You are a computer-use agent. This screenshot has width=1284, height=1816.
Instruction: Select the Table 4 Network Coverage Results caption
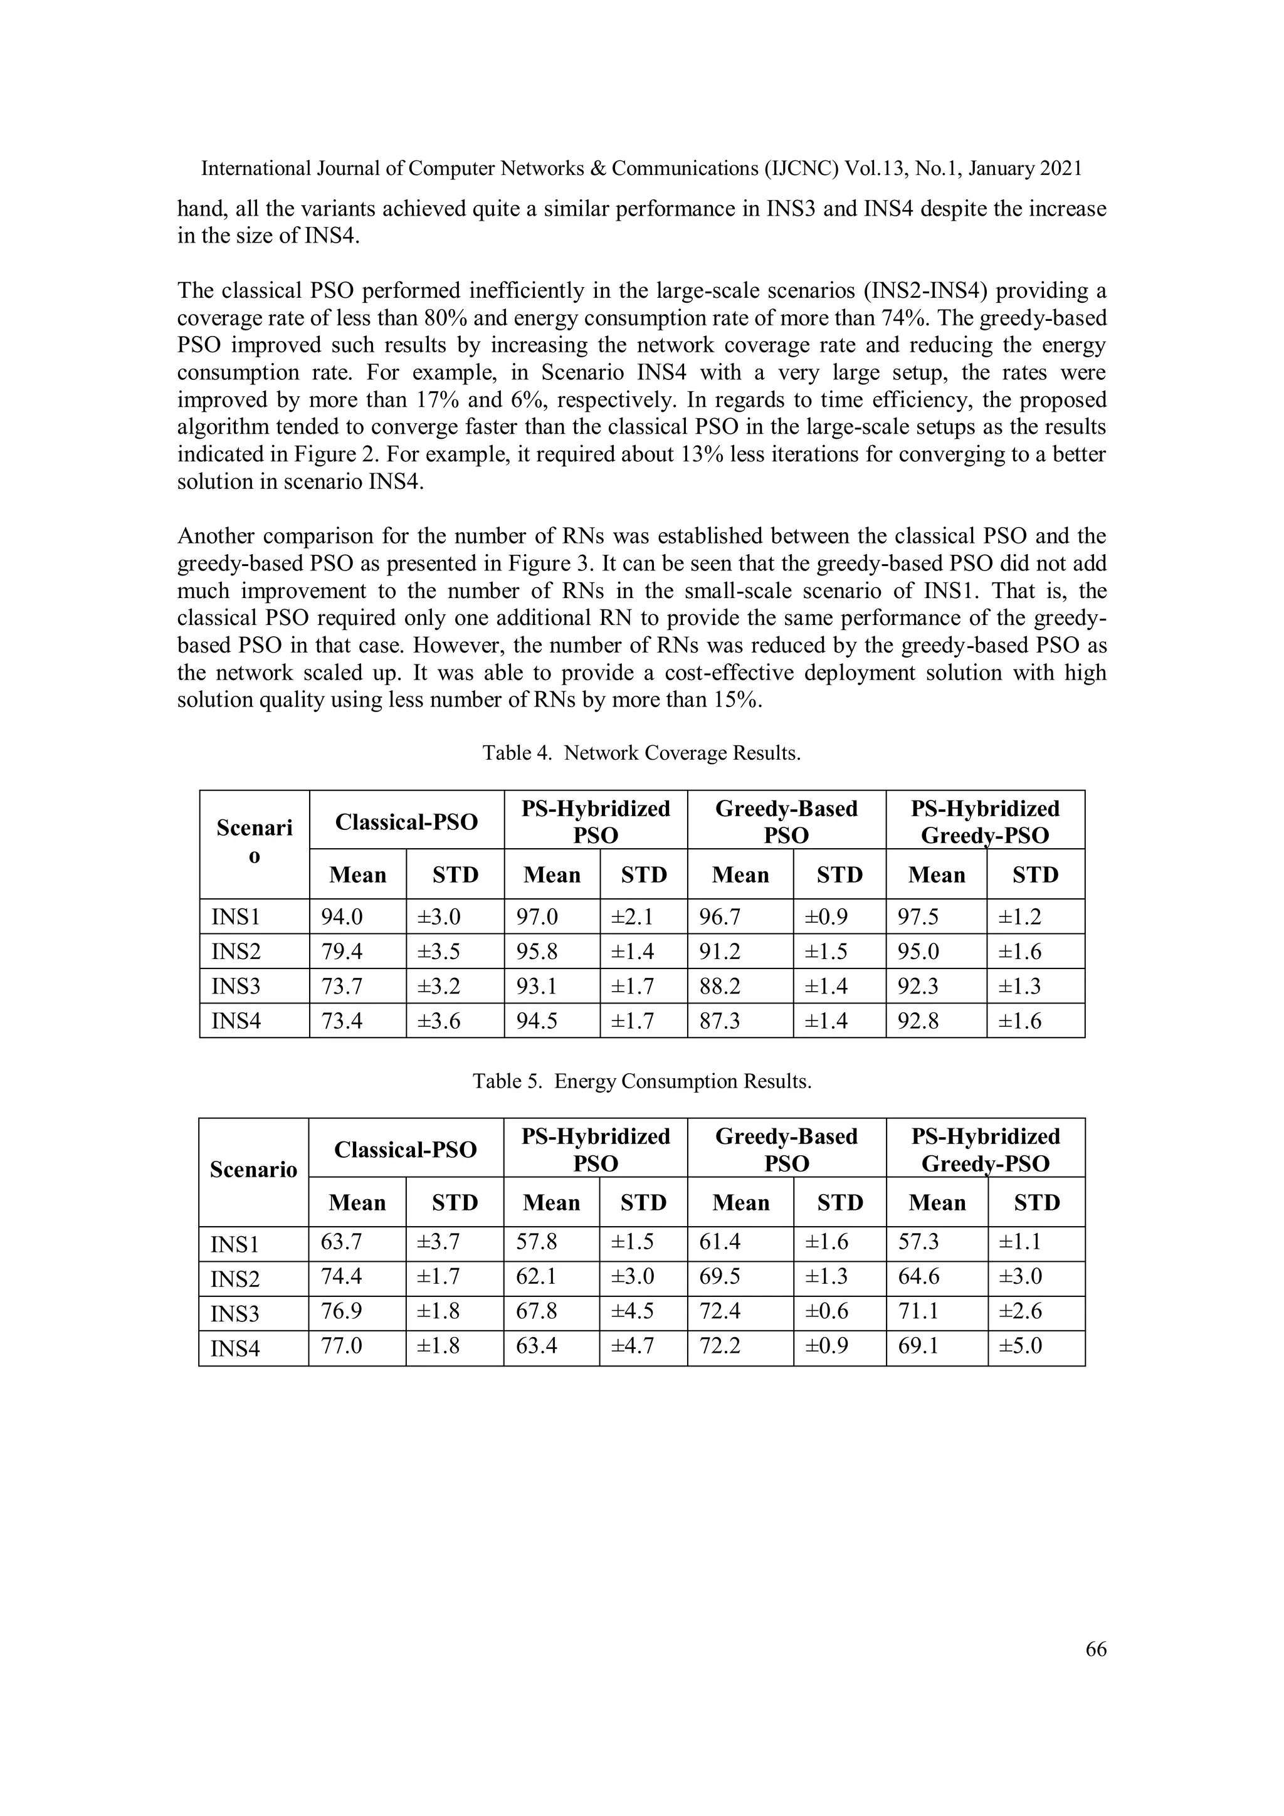pos(641,753)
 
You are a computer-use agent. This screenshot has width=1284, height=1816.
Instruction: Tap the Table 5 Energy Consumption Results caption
pos(641,1081)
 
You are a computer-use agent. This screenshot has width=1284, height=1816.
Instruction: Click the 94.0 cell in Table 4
pos(342,916)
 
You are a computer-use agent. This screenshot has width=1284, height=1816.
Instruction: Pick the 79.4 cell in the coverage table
pos(342,952)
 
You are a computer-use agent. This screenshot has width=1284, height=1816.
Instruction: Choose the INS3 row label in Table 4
pos(236,986)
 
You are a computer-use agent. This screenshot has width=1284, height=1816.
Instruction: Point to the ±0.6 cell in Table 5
pos(827,1311)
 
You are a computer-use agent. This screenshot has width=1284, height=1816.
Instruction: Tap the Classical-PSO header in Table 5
pos(405,1149)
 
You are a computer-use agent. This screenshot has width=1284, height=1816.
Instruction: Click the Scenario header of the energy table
pos(253,1170)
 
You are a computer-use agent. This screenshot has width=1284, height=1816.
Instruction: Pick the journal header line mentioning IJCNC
pos(641,169)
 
